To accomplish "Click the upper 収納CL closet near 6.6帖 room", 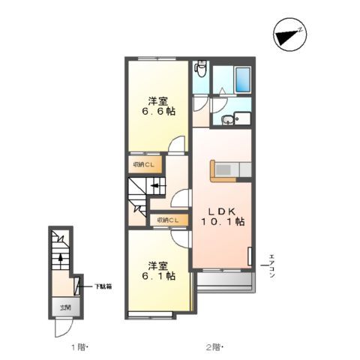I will point(143,165).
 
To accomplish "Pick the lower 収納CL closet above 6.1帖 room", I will point(166,220).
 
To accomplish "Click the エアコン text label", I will point(272,266).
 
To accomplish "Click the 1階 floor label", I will point(79,346).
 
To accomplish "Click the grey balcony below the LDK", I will point(222,282).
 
